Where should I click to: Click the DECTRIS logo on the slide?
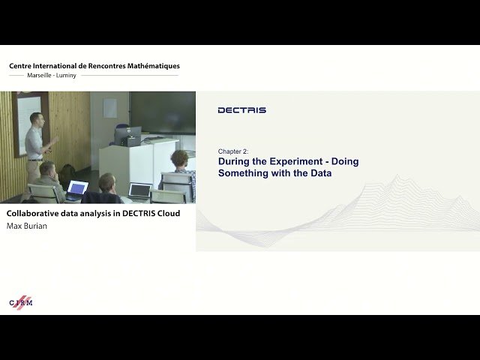point(241,110)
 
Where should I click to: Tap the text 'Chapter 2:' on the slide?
point(234,151)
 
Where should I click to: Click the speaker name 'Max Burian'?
point(26,226)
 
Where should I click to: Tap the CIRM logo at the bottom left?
point(21,301)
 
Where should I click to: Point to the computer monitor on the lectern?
point(127,136)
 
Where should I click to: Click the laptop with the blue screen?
point(77,187)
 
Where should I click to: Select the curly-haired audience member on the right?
point(179,158)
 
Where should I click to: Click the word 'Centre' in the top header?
point(23,66)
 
